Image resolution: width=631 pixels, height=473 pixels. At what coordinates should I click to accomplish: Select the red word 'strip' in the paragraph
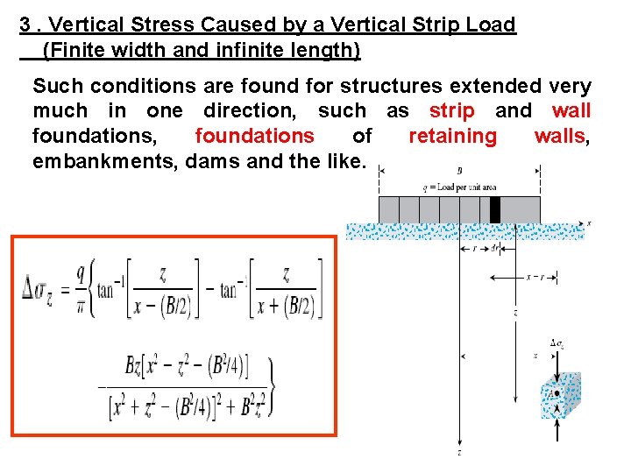pyautogui.click(x=452, y=111)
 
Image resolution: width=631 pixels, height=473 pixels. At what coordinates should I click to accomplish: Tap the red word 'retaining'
pyautogui.click(x=452, y=136)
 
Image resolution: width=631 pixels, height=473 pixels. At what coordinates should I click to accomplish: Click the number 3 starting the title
pyautogui.click(x=25, y=25)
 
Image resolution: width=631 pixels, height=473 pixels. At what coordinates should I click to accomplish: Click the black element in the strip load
pyautogui.click(x=495, y=209)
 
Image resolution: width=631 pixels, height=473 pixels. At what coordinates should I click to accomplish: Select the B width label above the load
pyautogui.click(x=460, y=171)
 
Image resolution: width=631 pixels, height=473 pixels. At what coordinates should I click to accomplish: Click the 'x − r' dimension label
pyautogui.click(x=535, y=277)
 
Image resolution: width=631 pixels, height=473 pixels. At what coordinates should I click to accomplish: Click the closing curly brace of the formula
pyautogui.click(x=272, y=386)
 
